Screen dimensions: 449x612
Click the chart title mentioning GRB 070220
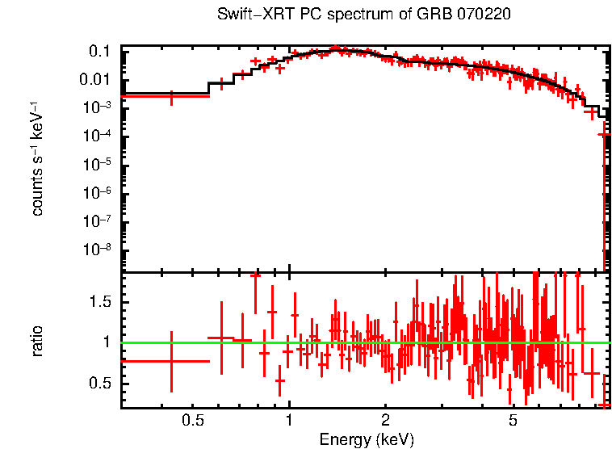pos(364,15)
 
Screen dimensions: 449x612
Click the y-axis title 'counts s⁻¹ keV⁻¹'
pos(37,158)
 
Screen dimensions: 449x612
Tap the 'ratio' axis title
pos(37,342)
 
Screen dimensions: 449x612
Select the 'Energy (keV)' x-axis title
pos(367,439)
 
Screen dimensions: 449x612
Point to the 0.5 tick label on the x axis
pos(192,420)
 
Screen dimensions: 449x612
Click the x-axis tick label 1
pos(289,420)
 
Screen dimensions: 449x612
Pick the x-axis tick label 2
pos(386,420)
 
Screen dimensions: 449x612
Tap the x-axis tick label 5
pos(513,420)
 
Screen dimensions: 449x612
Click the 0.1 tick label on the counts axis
pos(99,51)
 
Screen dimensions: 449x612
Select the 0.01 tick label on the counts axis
pos(96,79)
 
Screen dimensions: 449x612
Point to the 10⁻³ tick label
pos(96,107)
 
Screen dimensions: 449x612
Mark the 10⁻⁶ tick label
pos(96,192)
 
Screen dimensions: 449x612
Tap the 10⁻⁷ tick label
pos(96,220)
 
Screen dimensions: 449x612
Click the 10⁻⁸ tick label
pos(96,249)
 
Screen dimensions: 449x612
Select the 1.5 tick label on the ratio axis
pos(99,301)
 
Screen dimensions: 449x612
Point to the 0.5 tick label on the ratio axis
pos(99,383)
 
